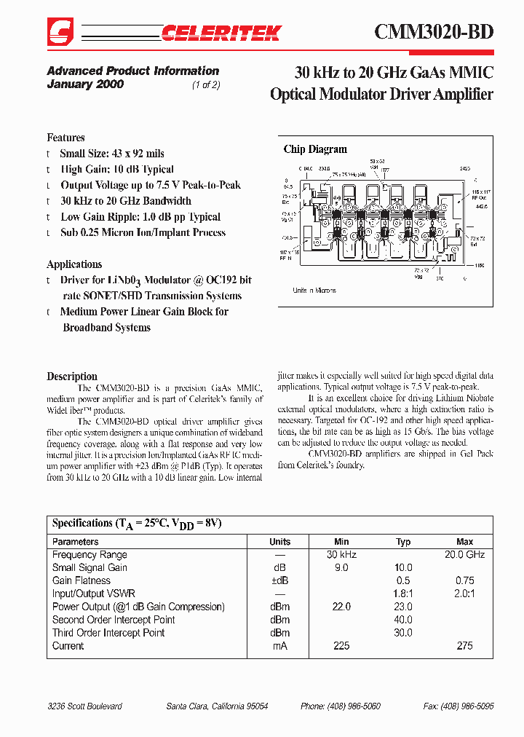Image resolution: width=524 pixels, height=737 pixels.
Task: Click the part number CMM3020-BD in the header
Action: (x=434, y=32)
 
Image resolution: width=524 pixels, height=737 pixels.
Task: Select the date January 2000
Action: (x=85, y=84)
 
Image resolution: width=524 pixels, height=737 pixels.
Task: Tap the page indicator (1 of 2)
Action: (x=206, y=84)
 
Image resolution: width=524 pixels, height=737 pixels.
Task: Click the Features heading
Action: (x=65, y=138)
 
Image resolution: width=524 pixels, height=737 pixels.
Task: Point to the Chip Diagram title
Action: (x=315, y=149)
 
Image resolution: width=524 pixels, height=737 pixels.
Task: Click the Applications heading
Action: (x=74, y=264)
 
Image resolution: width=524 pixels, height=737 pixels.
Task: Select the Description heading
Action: (x=72, y=377)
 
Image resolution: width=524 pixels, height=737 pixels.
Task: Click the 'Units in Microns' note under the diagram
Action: (x=314, y=291)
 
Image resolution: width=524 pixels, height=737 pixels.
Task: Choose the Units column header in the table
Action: (x=280, y=542)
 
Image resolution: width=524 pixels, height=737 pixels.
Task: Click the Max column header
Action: (x=464, y=542)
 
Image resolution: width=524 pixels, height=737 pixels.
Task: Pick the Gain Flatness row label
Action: (x=82, y=580)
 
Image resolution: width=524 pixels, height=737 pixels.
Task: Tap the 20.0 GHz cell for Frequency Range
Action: (x=464, y=555)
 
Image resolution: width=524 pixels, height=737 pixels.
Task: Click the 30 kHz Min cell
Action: (x=341, y=555)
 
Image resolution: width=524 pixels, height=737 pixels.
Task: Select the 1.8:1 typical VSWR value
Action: (x=403, y=594)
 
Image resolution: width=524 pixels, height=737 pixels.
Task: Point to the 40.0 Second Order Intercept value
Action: (x=403, y=620)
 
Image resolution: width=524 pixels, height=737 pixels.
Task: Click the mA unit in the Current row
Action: (x=280, y=646)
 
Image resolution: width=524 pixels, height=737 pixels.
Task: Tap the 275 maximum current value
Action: (x=464, y=646)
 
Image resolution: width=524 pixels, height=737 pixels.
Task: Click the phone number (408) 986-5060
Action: (x=340, y=706)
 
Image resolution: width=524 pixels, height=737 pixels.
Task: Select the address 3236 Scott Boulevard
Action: (x=84, y=706)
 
